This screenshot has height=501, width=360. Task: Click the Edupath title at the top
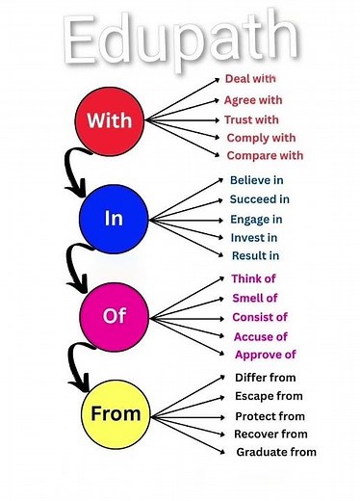click(x=179, y=39)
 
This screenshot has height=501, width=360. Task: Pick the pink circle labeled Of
click(x=115, y=316)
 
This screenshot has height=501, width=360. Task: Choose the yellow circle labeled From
click(x=116, y=413)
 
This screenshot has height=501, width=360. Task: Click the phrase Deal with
click(x=250, y=78)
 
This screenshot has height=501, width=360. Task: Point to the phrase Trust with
click(x=251, y=119)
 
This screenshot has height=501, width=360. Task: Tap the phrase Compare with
click(x=265, y=155)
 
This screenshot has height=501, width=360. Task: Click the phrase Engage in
click(x=255, y=220)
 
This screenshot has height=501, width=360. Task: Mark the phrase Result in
click(x=255, y=255)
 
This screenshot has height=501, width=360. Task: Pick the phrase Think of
click(x=254, y=278)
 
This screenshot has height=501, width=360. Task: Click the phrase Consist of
click(x=260, y=317)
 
